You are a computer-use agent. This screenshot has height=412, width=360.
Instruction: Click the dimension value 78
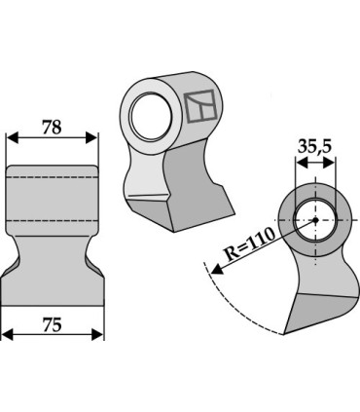click(53, 126)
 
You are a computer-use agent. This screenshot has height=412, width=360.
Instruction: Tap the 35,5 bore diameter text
click(313, 147)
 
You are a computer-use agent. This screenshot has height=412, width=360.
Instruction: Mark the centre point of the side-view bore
click(314, 220)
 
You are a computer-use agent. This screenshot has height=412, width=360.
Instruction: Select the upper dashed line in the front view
click(53, 191)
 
